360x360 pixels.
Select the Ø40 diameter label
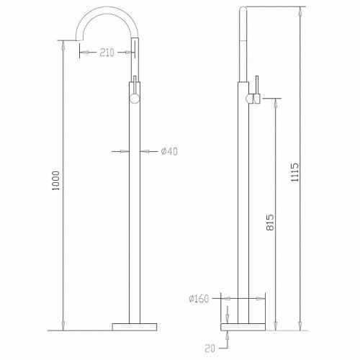(x=169, y=150)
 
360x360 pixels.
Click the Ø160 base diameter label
(x=201, y=297)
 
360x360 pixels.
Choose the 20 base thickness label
(x=210, y=348)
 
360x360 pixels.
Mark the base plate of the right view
(x=246, y=327)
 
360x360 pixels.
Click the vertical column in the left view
(x=134, y=209)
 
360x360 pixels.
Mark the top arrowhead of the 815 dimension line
(x=274, y=103)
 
